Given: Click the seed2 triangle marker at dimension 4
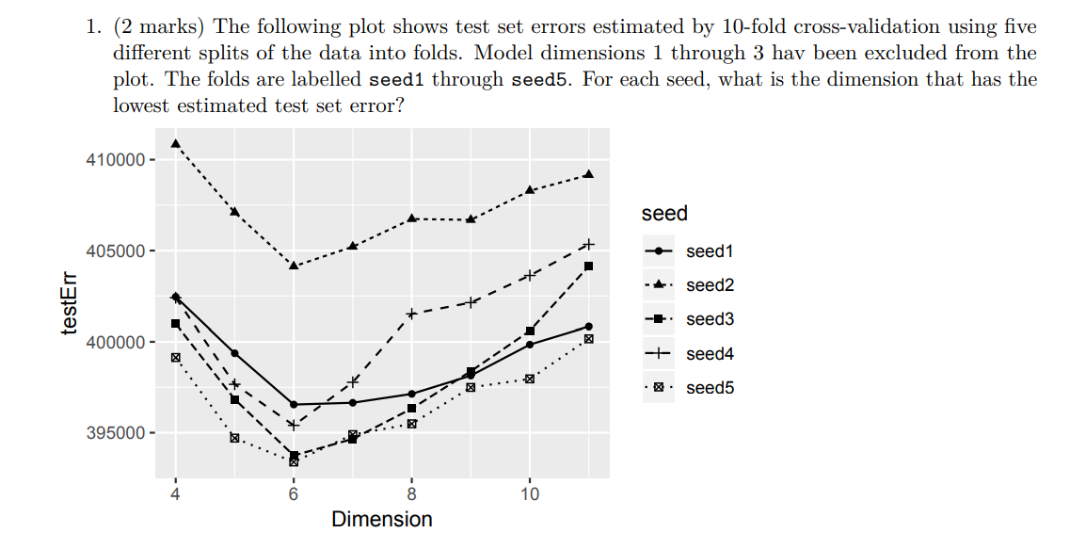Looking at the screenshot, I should (x=175, y=143).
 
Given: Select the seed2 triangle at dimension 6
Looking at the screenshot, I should (x=294, y=266).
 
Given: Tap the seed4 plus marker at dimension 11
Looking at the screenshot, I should (x=589, y=245).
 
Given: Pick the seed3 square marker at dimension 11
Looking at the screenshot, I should (x=589, y=266).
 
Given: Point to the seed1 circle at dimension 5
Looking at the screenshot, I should (x=234, y=353).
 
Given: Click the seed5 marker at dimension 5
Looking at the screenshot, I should (x=234, y=438).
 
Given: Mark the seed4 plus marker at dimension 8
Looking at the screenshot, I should (x=412, y=314).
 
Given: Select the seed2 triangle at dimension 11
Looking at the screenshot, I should (x=589, y=174).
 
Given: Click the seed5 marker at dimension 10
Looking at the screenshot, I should (x=530, y=379).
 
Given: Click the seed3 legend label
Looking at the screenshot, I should (x=710, y=319).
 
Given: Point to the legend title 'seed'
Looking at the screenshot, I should (x=664, y=214).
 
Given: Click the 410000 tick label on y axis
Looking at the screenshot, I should (x=113, y=160).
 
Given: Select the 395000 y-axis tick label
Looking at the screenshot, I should (x=113, y=434).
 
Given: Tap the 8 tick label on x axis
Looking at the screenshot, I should (x=412, y=495).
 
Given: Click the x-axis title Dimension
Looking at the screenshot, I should (x=382, y=520).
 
